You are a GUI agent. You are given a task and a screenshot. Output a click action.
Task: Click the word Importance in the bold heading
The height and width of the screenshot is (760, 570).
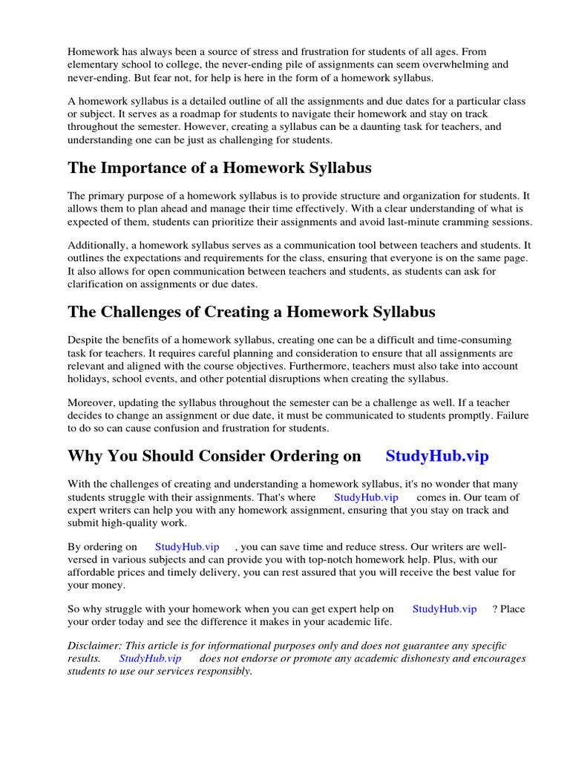148,168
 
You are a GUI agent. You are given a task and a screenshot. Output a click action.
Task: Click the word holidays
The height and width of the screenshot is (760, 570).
88,379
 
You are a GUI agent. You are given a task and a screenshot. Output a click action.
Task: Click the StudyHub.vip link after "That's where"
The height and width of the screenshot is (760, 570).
366,497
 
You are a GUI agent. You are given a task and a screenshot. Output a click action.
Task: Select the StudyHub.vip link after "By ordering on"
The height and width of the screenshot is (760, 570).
187,546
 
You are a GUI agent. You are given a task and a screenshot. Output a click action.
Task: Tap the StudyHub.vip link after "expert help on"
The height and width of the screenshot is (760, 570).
444,609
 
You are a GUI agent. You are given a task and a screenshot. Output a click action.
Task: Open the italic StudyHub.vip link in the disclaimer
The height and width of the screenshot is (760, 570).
150,658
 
